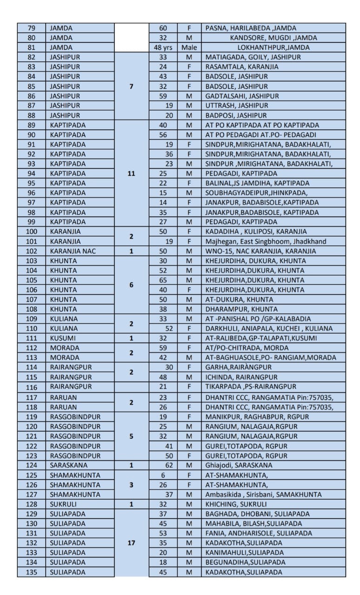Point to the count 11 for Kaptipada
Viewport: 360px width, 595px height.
131,173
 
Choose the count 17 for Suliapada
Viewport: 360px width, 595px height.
131,542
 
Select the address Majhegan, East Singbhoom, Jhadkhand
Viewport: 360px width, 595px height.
266,241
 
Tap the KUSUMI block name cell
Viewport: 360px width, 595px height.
63,338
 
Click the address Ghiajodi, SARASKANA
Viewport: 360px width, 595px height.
239,465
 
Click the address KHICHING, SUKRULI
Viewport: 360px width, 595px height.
236,504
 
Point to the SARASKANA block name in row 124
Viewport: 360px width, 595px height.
68,465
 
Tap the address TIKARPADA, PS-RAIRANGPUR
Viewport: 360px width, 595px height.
251,387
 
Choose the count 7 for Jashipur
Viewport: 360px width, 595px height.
131,86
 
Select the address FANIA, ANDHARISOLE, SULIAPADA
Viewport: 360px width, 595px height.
259,533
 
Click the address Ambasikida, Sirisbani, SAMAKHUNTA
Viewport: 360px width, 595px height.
263,494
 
